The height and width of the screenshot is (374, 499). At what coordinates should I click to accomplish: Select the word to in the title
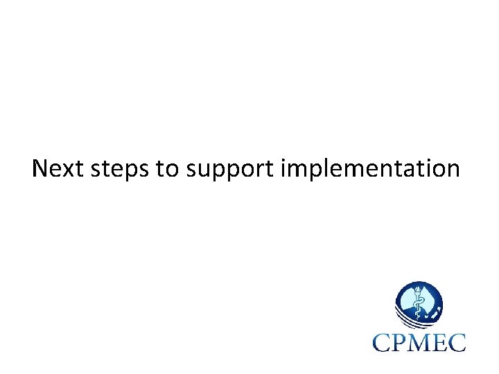click(167, 169)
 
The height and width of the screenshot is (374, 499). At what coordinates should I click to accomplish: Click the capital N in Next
click(40, 168)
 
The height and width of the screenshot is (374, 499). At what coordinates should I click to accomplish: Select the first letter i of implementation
click(285, 168)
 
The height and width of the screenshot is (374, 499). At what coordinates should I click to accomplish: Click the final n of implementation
click(452, 170)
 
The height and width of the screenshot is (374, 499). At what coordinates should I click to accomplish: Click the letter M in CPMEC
click(423, 341)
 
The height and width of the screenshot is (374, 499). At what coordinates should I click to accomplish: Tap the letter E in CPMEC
click(441, 341)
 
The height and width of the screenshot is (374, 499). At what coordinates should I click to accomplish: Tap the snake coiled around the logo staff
click(418, 305)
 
